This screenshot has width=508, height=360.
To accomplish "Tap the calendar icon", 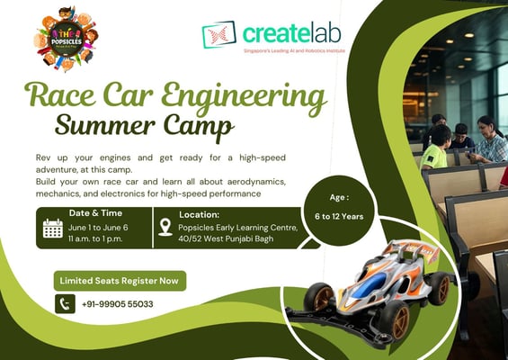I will coord(52,228).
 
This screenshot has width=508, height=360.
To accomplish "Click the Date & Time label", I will coord(96,213).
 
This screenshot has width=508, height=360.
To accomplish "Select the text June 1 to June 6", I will coord(98,228).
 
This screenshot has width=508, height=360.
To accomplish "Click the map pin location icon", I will coord(165,227).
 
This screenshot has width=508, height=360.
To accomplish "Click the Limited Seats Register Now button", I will coord(120,281).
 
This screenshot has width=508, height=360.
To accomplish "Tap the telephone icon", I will coord(65,304).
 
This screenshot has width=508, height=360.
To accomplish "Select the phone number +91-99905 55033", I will coord(117,304).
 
